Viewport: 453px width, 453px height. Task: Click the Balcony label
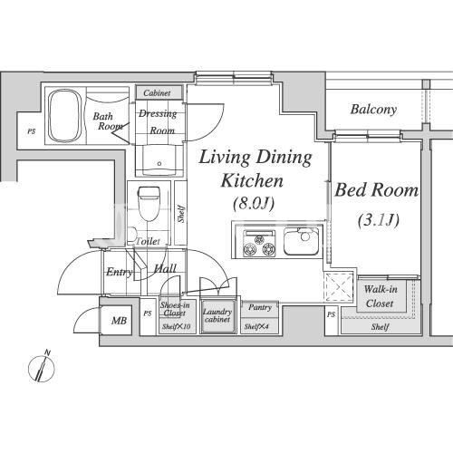tap(373, 110)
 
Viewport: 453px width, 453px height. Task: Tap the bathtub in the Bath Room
tap(65, 116)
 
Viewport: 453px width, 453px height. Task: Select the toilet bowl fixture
tap(149, 203)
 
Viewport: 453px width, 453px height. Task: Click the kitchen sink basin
tap(301, 242)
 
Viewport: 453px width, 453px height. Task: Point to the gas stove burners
tap(260, 244)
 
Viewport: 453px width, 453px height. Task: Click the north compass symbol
tap(42, 366)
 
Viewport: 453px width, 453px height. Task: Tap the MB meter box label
tap(119, 321)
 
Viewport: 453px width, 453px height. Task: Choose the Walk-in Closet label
tap(380, 296)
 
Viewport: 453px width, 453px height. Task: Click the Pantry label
tap(260, 307)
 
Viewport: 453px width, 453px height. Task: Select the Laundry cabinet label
tap(217, 315)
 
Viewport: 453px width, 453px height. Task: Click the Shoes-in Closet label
tap(175, 309)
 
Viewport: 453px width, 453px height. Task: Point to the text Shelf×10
tap(176, 326)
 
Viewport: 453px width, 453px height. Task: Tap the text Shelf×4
tap(256, 326)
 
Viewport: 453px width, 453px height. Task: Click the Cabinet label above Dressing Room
tap(157, 93)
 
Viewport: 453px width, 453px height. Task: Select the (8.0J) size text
tap(254, 203)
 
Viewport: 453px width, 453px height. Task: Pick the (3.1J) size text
tap(379, 220)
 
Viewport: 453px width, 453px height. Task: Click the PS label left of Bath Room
tap(32, 131)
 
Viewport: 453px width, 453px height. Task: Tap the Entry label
tap(120, 272)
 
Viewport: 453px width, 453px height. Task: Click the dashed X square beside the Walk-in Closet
tap(339, 286)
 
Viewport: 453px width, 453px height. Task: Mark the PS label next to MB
tap(148, 313)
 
